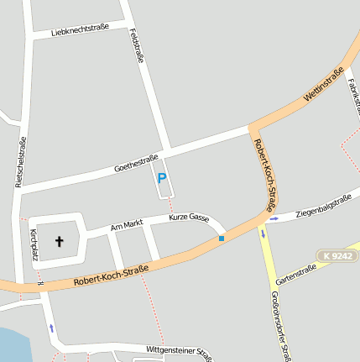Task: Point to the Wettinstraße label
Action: click(324, 86)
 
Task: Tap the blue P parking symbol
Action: click(162, 179)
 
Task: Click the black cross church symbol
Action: click(60, 242)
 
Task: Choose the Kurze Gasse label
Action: click(189, 218)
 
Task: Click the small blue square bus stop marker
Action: click(222, 239)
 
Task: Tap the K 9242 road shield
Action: click(337, 255)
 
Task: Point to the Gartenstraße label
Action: click(295, 275)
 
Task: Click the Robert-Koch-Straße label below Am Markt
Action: click(111, 275)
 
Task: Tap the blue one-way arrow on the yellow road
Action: click(262, 233)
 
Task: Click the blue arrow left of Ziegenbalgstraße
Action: click(274, 219)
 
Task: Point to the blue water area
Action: click(10, 344)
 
